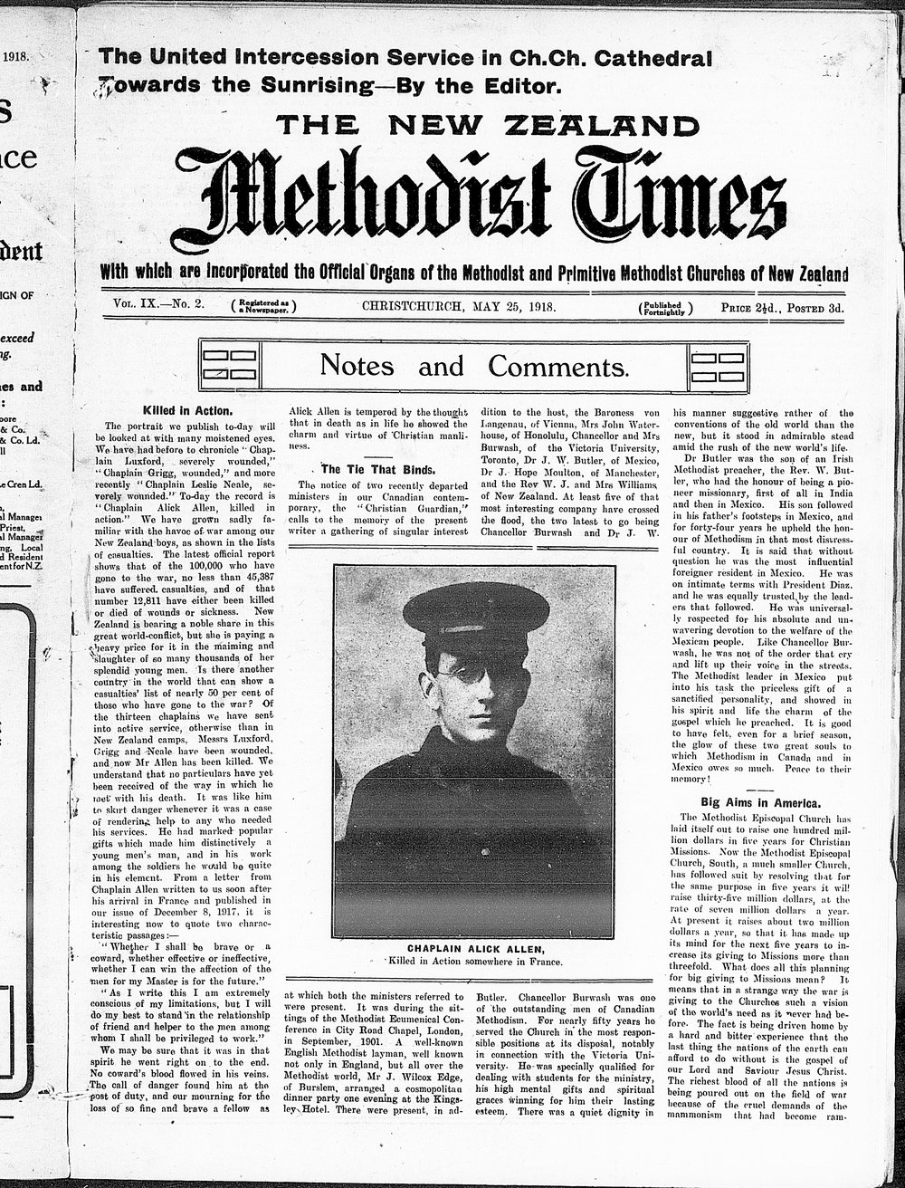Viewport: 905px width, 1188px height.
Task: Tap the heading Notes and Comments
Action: pyautogui.click(x=473, y=366)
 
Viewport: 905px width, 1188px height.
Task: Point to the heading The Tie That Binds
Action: pyautogui.click(x=366, y=469)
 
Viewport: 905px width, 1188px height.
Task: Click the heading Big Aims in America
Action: pyautogui.click(x=761, y=802)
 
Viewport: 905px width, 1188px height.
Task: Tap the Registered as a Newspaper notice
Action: pyautogui.click(x=264, y=306)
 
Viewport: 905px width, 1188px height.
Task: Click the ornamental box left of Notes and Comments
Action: pyautogui.click(x=229, y=366)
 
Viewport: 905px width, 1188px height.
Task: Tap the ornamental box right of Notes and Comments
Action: pyautogui.click(x=719, y=366)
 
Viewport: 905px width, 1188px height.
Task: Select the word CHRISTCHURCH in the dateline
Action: pyautogui.click(x=413, y=306)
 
